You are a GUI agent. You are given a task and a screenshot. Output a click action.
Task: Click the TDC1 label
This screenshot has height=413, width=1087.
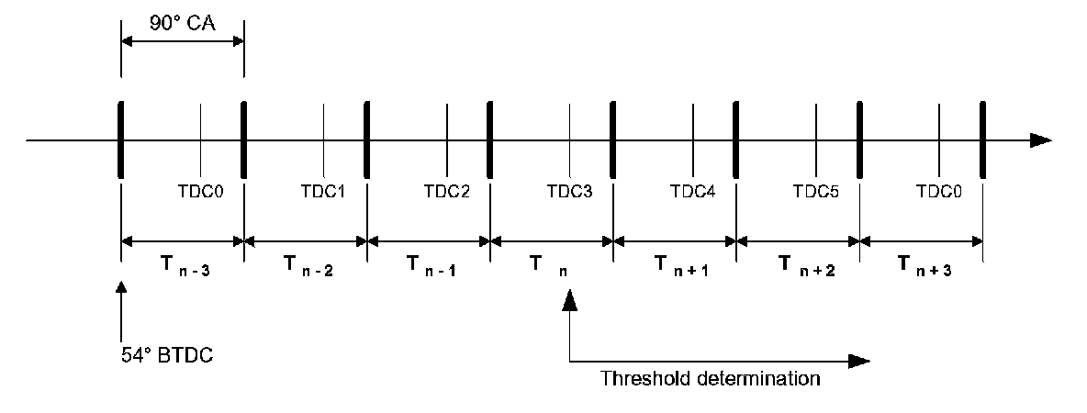(x=324, y=193)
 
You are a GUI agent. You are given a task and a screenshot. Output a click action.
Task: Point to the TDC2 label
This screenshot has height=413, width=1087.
(x=447, y=193)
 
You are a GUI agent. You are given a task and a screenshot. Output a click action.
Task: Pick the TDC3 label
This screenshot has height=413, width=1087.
(x=570, y=193)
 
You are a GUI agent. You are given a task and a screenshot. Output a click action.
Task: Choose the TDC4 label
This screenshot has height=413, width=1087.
(x=693, y=193)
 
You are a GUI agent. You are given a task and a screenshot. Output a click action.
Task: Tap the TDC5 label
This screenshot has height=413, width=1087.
(x=816, y=193)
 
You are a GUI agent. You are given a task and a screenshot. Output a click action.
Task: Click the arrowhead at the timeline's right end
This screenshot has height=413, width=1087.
(x=1040, y=140)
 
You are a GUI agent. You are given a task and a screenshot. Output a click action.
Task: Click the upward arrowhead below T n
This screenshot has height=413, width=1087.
(x=570, y=300)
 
